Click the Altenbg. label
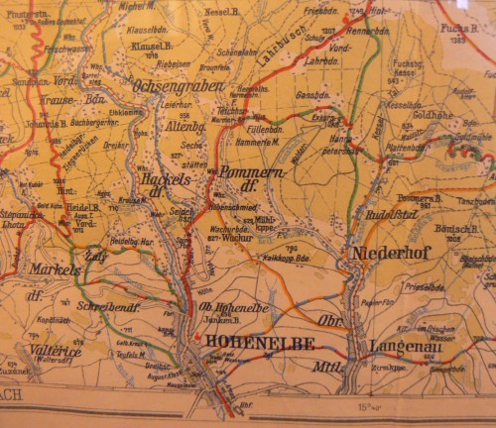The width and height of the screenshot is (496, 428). (x=185, y=128)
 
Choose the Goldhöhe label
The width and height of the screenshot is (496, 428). (x=433, y=116)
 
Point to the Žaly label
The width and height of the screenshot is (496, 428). (x=97, y=255)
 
